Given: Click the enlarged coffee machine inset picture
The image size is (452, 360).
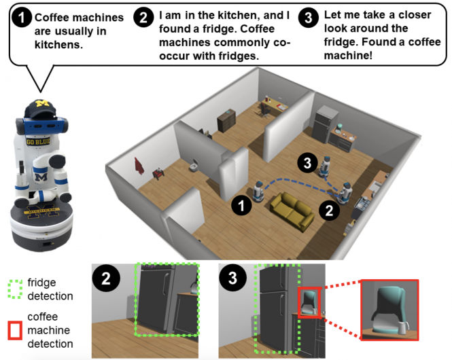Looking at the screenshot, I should click(389, 310).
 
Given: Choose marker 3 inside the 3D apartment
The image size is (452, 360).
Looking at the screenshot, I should click(308, 162).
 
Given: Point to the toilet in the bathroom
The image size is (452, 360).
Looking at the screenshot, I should click(192, 167).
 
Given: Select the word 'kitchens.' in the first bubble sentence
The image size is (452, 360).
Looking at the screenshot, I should click(58, 46).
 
